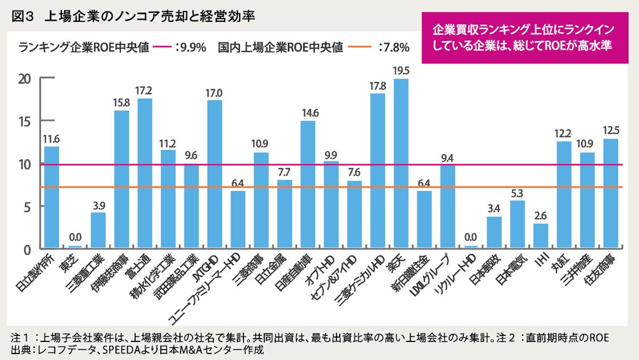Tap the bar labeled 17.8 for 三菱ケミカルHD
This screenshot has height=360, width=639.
coord(378,170)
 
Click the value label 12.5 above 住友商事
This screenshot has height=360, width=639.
coord(610,129)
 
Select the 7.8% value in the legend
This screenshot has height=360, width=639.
coord(394,47)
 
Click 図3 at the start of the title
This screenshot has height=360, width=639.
coord(22,16)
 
